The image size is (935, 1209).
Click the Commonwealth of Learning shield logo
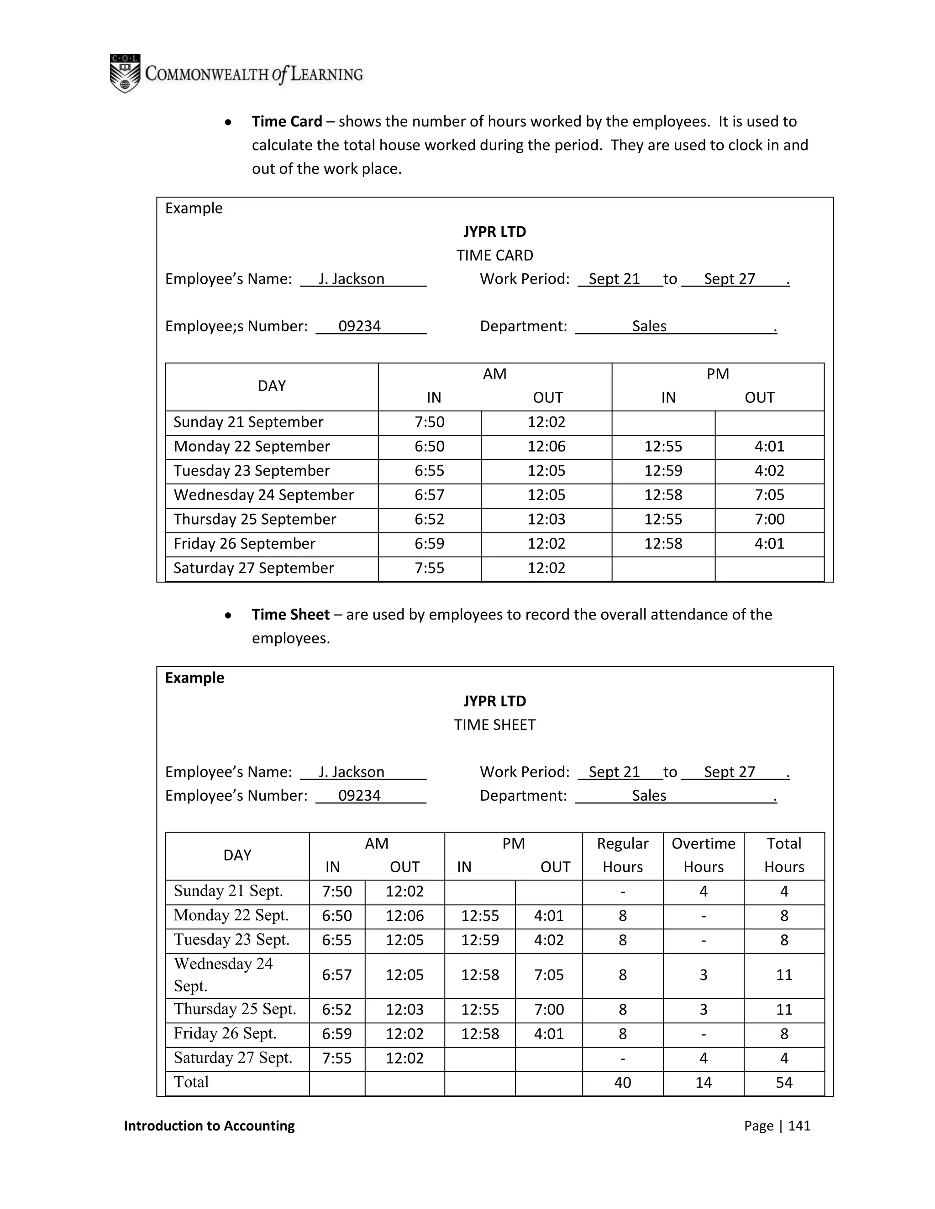tap(125, 73)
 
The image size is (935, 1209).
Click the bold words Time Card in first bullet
tap(286, 121)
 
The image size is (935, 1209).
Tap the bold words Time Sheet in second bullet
tap(290, 615)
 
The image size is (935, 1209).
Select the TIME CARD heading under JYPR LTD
tap(494, 255)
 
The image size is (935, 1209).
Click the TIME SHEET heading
tap(494, 724)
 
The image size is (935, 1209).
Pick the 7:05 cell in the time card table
tap(769, 495)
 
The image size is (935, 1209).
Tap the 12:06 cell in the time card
tap(546, 446)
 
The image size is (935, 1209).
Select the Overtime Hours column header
tap(703, 855)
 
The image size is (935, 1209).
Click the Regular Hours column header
tap(622, 855)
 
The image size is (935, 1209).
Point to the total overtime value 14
tap(703, 1083)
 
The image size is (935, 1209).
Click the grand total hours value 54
tap(784, 1083)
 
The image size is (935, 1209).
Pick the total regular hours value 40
tap(622, 1083)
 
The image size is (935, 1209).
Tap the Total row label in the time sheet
tap(191, 1082)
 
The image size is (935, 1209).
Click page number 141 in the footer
tap(799, 1126)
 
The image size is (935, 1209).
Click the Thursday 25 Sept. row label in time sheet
tap(235, 1009)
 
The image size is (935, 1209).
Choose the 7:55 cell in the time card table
tap(429, 568)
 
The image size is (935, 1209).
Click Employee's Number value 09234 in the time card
tap(359, 326)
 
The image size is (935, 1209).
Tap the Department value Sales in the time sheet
tap(649, 796)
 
